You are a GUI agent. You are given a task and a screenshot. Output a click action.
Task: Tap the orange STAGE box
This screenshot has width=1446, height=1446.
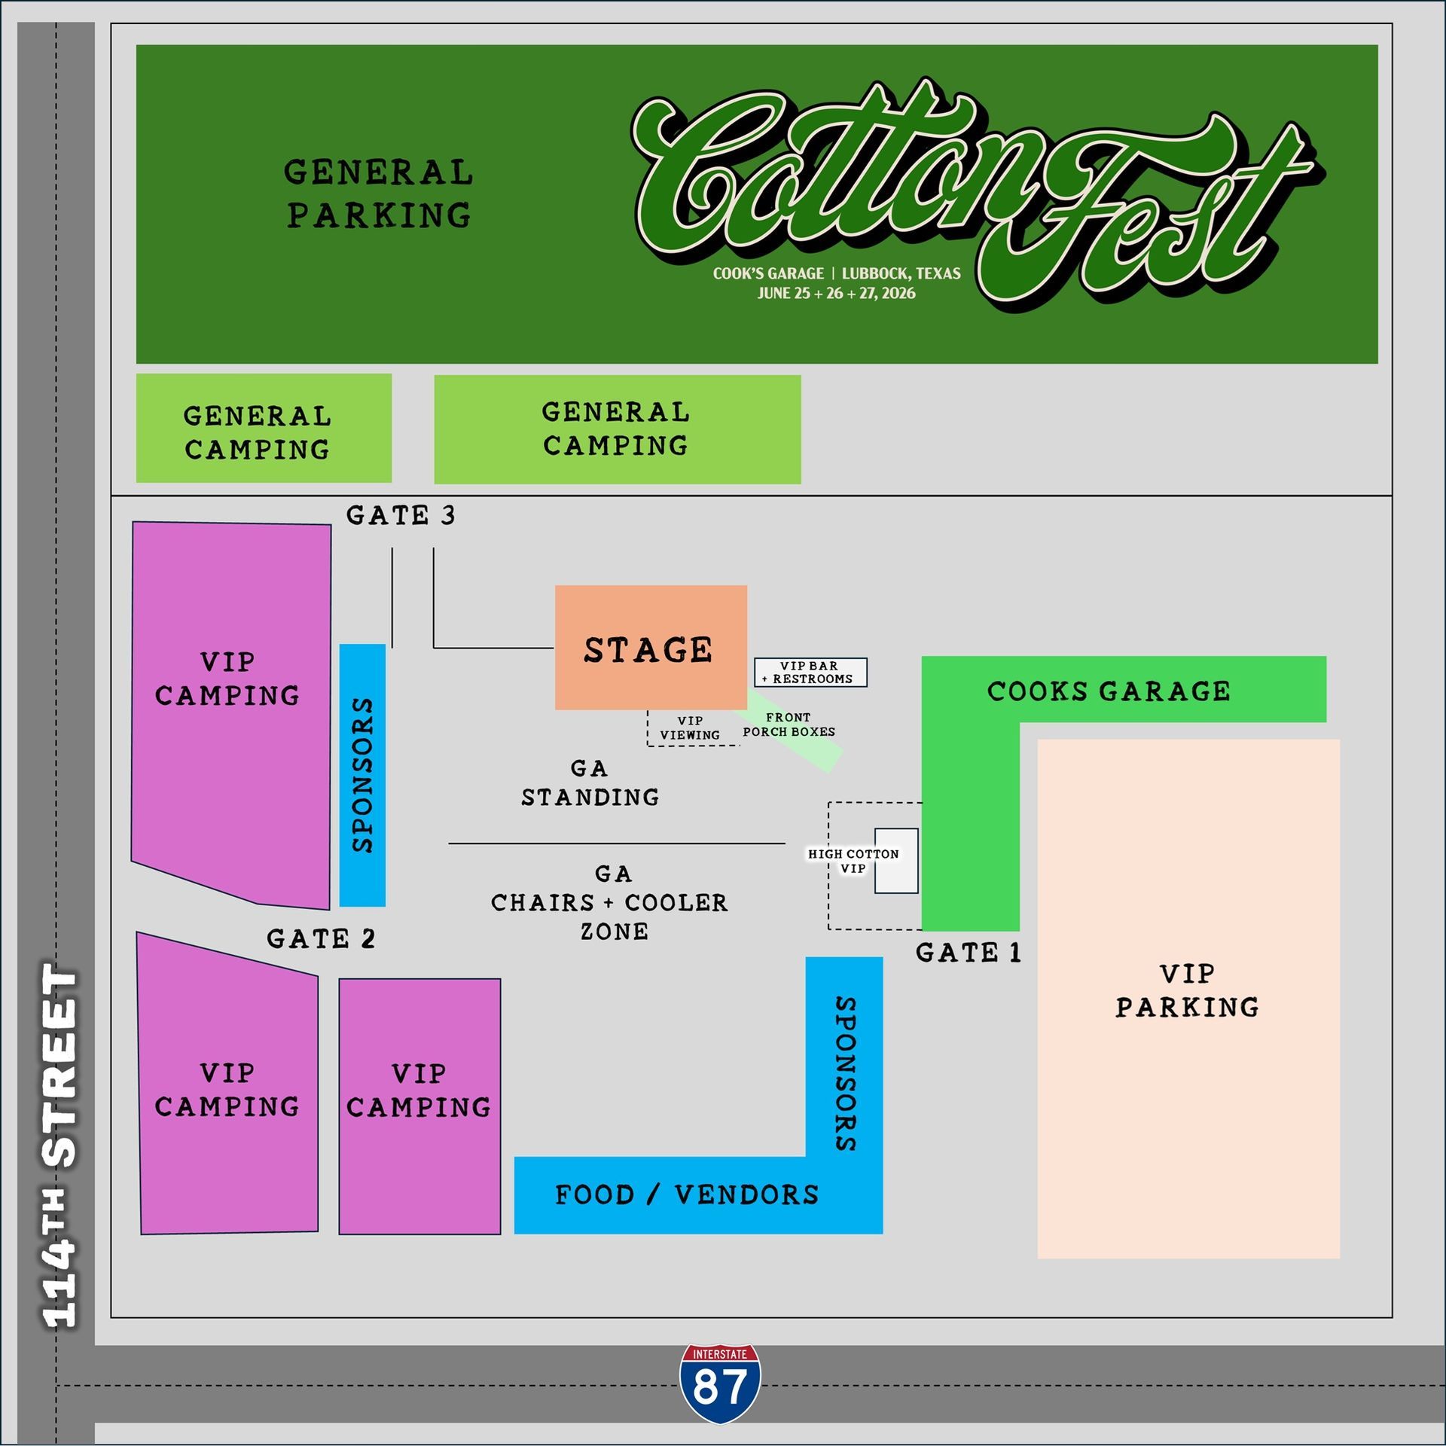[651, 648]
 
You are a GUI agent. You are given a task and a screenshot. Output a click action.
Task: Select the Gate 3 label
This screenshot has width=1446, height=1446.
[401, 516]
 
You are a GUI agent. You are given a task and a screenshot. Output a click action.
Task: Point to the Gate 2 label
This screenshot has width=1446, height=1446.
[321, 939]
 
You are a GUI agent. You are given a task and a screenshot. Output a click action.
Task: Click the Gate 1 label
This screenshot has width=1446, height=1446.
[969, 953]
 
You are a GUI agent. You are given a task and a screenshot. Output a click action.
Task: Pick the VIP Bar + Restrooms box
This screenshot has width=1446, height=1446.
[810, 672]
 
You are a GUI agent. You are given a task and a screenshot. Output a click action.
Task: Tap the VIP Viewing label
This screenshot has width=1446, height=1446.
[690, 728]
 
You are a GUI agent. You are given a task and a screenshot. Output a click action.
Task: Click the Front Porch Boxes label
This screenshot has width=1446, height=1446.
[789, 725]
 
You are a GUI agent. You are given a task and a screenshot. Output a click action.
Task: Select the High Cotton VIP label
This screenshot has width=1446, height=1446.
[853, 861]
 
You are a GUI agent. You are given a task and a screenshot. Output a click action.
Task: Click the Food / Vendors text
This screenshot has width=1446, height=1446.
[687, 1194]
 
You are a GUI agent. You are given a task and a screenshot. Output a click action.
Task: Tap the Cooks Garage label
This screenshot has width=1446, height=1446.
[1109, 691]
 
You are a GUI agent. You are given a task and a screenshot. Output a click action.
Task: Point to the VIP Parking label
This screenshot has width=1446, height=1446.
[1188, 990]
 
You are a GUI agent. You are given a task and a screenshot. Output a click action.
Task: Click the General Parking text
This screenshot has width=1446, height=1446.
[379, 194]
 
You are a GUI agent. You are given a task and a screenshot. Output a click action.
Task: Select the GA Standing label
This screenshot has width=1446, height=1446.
[590, 782]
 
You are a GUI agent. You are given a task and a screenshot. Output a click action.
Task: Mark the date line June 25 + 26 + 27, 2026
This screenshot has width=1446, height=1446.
[836, 293]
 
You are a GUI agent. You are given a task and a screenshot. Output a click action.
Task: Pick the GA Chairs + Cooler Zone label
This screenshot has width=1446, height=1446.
[610, 902]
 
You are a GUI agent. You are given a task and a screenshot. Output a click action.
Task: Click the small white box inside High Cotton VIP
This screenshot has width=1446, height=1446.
[896, 861]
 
